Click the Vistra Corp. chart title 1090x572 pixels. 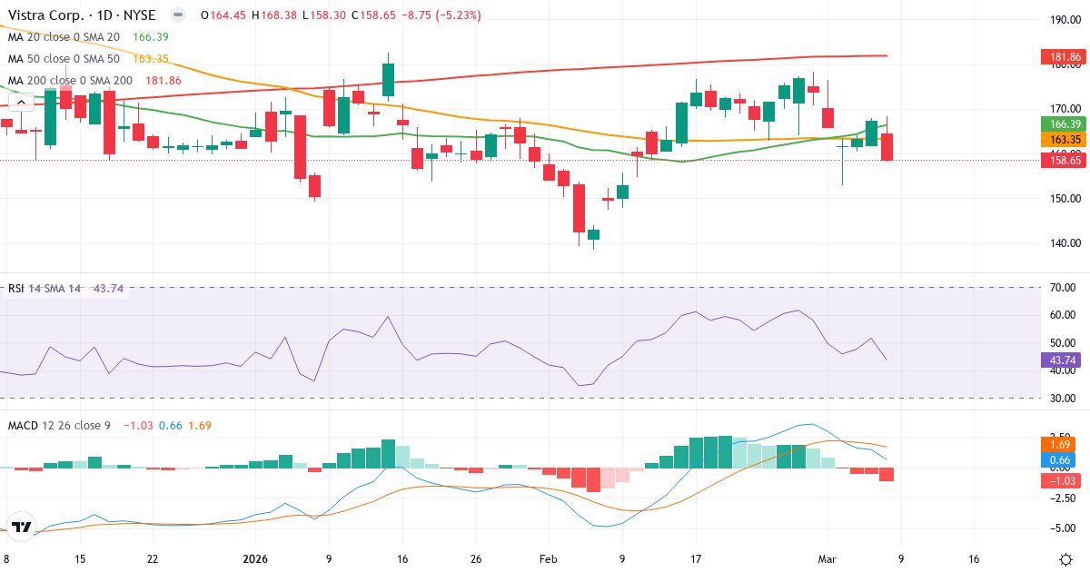82,15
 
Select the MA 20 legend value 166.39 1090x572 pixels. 151,36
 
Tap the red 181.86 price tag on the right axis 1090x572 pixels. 1063,57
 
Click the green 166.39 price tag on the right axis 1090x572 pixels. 1063,124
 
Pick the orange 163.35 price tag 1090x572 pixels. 1063,139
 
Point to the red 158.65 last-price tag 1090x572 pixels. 1063,160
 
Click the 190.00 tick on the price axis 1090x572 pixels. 1063,19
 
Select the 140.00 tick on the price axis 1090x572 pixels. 1063,242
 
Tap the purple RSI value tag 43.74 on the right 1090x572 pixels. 1063,360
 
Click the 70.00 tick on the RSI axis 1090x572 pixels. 1063,288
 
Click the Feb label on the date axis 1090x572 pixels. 548,558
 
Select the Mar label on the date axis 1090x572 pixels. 827,558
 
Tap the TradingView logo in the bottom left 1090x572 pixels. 23,527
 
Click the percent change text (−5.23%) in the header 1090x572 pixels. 452,15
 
